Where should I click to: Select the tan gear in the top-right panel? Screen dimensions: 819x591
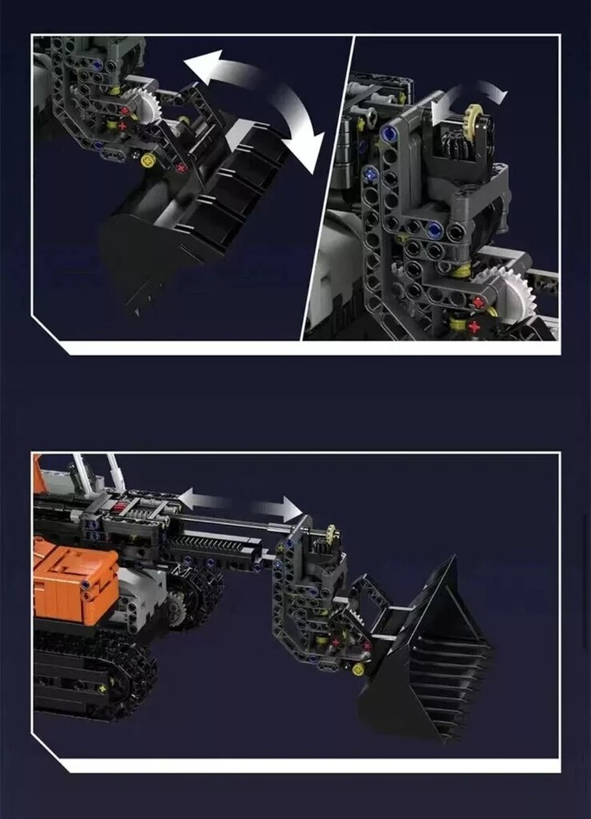point(475,115)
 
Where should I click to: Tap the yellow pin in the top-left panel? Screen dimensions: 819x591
point(148,160)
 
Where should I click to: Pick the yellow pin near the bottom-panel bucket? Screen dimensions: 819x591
point(358,669)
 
